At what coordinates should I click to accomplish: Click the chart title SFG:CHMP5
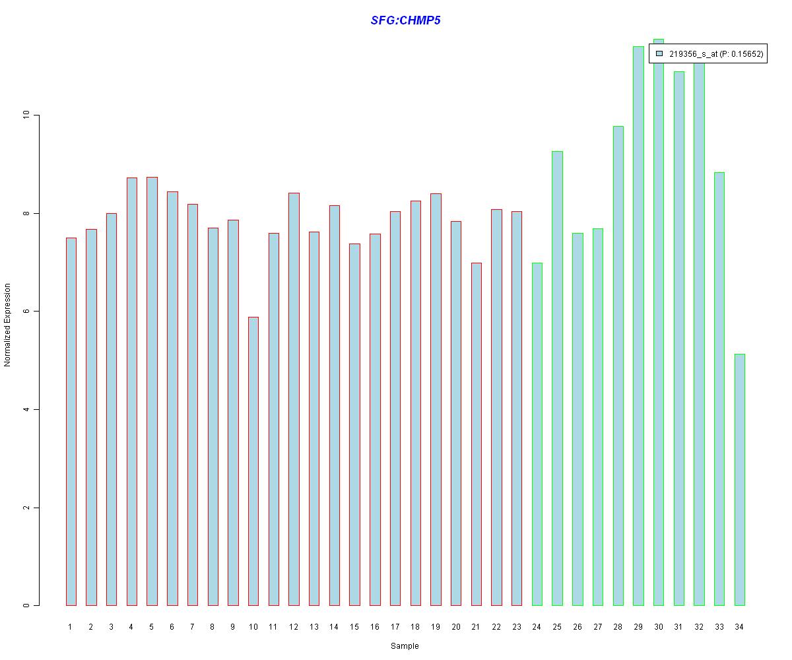[405, 20]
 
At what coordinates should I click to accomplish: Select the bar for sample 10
[253, 462]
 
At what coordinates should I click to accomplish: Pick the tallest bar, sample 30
[658, 330]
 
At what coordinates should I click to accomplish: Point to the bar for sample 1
[71, 422]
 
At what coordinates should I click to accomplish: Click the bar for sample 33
[719, 389]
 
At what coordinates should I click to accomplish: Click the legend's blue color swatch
[659, 53]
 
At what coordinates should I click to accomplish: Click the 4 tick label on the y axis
[27, 410]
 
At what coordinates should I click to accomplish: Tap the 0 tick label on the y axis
[27, 606]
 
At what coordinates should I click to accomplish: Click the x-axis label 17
[395, 627]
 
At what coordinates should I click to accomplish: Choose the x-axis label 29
[638, 627]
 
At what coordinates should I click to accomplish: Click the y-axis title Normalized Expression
[8, 325]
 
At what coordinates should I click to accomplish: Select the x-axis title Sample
[405, 646]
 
